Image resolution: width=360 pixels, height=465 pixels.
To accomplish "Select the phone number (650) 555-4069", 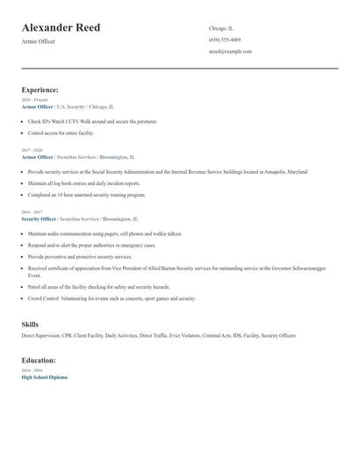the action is tap(225, 39).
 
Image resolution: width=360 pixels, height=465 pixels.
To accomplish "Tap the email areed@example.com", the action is tap(230, 51).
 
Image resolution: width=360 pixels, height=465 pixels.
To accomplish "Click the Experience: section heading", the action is tap(40, 89).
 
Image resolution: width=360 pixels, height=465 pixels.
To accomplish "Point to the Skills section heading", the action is tap(30, 325).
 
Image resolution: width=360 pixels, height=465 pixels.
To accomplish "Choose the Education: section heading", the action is tap(39, 360).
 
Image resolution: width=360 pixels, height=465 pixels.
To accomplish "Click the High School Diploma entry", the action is tap(44, 376).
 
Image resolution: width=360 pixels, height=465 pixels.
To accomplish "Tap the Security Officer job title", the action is tap(39, 218).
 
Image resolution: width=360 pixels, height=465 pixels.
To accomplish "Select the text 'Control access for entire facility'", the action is tap(61, 132).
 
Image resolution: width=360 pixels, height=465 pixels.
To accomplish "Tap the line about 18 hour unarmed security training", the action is tap(86, 195).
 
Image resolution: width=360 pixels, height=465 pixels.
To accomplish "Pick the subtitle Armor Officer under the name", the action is tap(38, 41).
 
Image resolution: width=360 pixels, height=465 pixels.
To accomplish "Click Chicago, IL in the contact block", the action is tap(221, 28).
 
